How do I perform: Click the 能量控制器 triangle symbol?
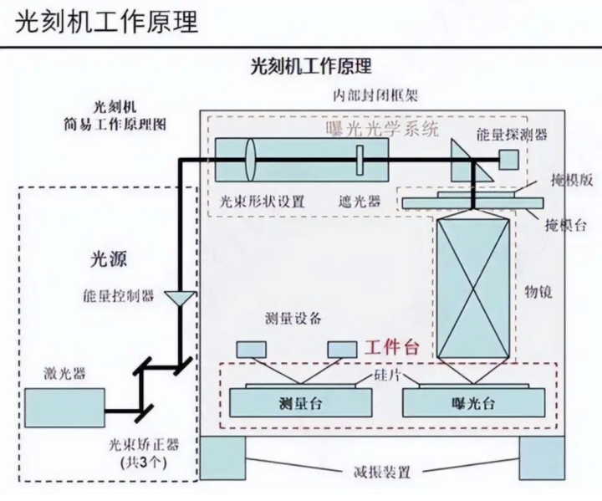176,297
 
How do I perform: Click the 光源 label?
105,260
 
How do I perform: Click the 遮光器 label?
360,202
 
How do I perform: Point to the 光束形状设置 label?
262,202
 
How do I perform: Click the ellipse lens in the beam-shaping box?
250,159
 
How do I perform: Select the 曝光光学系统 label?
383,128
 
